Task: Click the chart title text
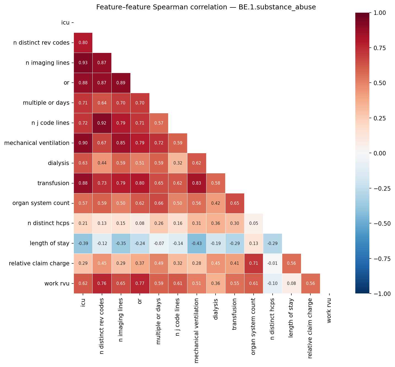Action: click(x=206, y=7)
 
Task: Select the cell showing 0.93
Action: click(x=83, y=63)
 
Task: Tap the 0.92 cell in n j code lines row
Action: click(x=102, y=123)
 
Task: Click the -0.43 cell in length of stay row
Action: click(x=197, y=244)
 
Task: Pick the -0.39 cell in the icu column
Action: click(x=83, y=244)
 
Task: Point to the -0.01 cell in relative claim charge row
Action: click(x=272, y=263)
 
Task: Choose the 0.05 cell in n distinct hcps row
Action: click(x=253, y=223)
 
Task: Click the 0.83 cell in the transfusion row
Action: click(x=197, y=183)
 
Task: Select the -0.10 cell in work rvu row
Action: click(x=272, y=284)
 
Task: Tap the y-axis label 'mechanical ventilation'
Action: click(x=37, y=143)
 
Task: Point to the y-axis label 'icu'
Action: click(x=65, y=23)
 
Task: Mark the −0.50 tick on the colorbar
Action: click(x=382, y=223)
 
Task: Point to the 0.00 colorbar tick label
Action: click(x=382, y=153)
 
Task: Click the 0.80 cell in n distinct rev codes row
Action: click(x=83, y=43)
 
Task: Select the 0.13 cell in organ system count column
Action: click(x=253, y=244)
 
